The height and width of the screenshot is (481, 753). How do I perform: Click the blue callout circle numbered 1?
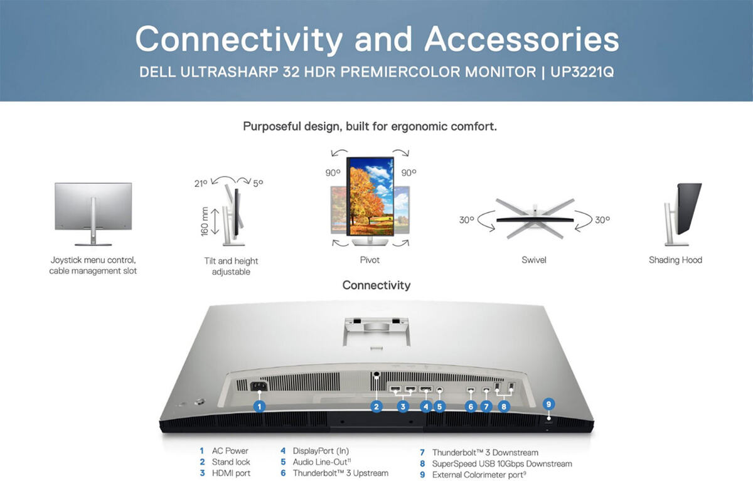coord(259,407)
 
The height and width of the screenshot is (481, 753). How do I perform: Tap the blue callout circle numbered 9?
coord(548,404)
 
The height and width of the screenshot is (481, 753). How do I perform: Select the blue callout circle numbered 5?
coord(439,407)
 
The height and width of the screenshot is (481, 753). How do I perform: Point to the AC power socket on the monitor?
coord(259,386)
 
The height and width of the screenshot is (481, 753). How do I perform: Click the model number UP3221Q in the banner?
coord(582,72)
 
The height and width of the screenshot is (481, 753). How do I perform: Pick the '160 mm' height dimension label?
coord(205,221)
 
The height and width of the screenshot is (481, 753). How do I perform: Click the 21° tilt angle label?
coord(201,183)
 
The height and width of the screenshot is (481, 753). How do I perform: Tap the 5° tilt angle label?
coord(258,183)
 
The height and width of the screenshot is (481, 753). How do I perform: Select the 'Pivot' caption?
coord(370,260)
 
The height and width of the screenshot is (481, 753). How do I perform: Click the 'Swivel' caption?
coord(534,260)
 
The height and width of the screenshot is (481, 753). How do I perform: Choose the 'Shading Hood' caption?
coord(675,260)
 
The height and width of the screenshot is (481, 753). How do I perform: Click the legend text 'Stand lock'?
coord(231,462)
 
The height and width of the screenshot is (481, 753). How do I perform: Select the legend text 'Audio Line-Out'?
coord(319,462)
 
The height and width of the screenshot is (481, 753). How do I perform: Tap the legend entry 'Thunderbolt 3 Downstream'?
coord(485,452)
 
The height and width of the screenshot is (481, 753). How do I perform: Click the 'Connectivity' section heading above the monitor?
coord(376,285)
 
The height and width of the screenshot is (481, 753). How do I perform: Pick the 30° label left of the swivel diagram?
coord(467,220)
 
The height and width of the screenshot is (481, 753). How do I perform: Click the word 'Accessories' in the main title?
coord(521,40)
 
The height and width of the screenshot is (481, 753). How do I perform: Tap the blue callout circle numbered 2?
coord(376,407)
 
